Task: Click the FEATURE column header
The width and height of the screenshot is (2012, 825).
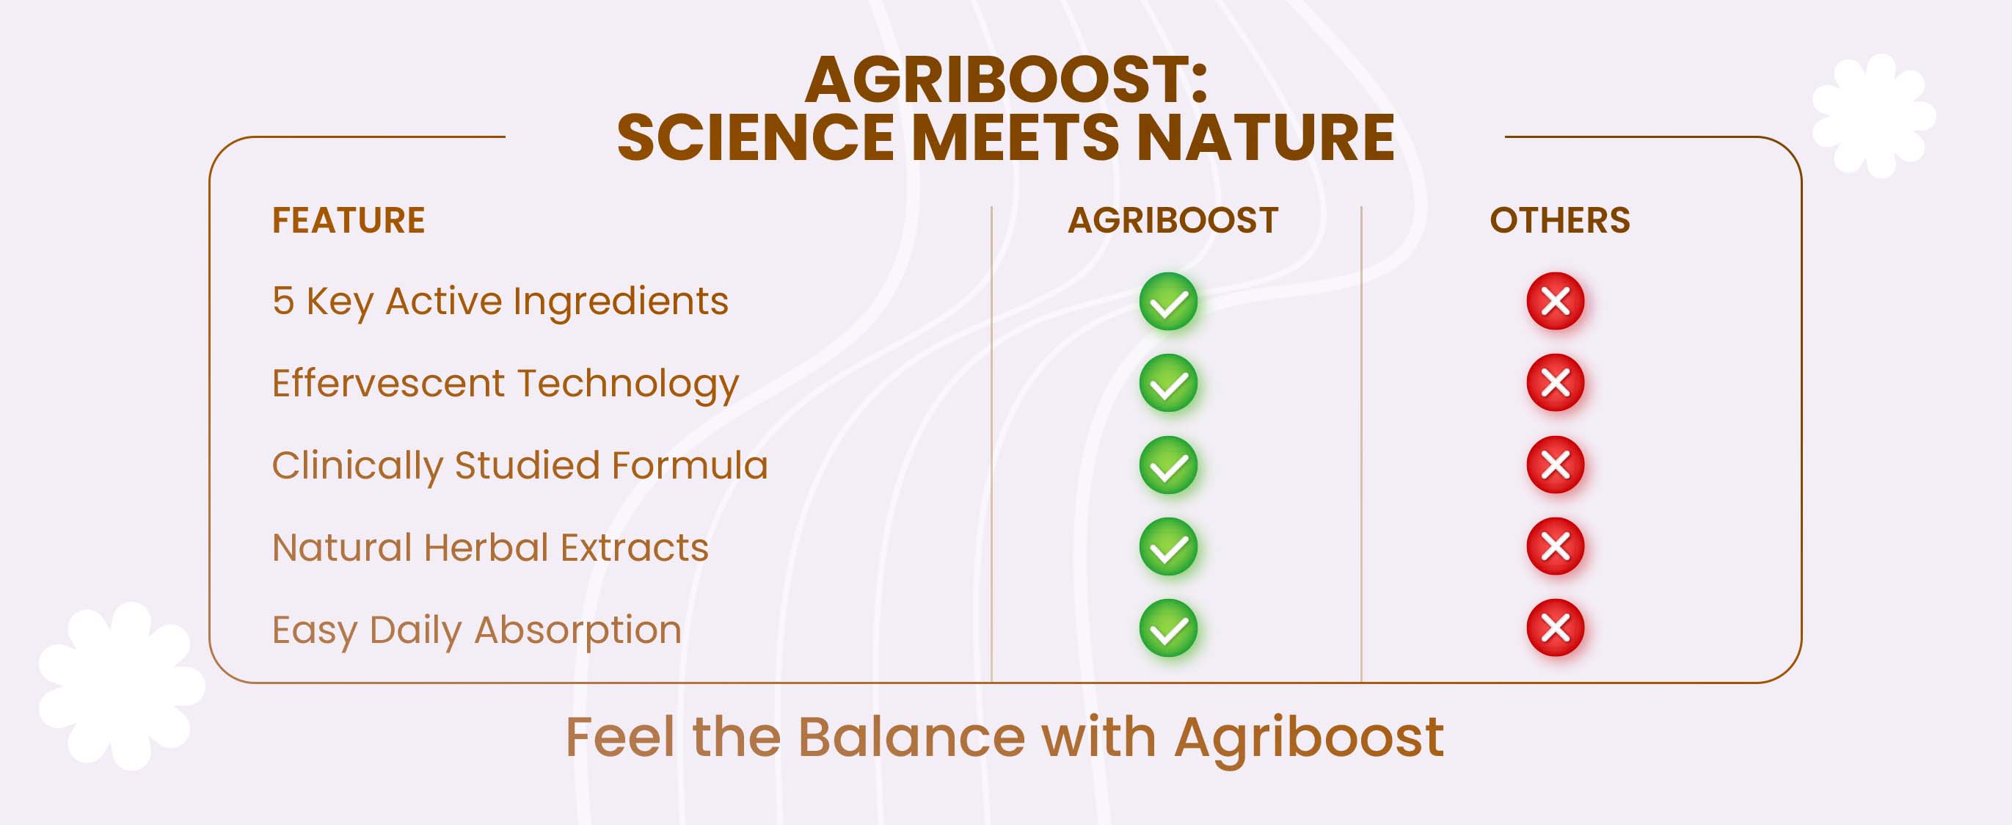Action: tap(349, 220)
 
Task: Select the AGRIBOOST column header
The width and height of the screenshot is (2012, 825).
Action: tap(1173, 220)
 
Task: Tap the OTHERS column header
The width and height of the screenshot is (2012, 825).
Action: tap(1560, 220)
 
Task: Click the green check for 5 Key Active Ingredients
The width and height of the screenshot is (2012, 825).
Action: tap(1168, 302)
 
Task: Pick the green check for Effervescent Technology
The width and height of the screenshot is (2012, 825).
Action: tap(1168, 384)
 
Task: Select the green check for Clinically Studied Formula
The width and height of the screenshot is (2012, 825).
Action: tap(1168, 465)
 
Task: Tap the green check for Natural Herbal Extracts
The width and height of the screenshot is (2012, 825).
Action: tap(1168, 547)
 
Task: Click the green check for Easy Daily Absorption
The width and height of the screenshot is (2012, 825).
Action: tap(1168, 629)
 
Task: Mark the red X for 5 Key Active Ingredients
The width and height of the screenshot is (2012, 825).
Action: tap(1555, 301)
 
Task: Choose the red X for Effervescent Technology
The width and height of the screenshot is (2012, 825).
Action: tap(1555, 383)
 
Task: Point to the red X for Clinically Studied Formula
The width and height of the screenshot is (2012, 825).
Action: tap(1555, 465)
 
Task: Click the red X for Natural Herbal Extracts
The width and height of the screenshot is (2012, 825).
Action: tap(1555, 546)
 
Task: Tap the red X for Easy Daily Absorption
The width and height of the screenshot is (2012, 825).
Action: tap(1555, 628)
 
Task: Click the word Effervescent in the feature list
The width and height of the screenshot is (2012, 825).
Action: tap(388, 383)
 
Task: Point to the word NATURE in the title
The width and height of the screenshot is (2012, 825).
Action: tap(1265, 137)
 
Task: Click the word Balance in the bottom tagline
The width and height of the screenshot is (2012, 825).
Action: tap(911, 737)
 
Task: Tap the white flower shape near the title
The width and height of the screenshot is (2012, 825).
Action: tap(1874, 116)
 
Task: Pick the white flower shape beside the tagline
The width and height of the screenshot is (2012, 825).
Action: tap(122, 686)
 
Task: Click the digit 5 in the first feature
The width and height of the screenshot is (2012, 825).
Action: tap(283, 301)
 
